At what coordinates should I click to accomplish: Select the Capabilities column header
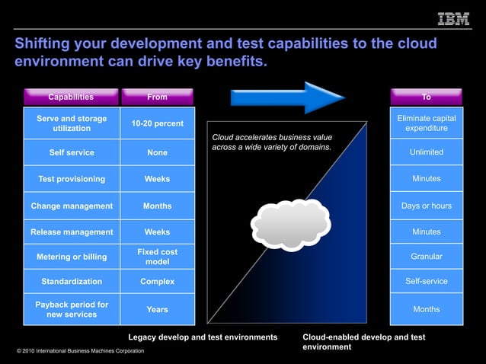[x=71, y=97]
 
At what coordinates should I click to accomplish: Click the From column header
[x=157, y=97]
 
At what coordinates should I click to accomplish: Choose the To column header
[x=426, y=97]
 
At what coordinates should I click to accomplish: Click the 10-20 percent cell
[x=157, y=123]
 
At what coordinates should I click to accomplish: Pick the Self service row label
[x=72, y=152]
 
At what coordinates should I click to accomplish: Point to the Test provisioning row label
[x=72, y=179]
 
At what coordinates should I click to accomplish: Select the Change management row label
[x=72, y=206]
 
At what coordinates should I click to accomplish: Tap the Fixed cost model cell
[x=157, y=257]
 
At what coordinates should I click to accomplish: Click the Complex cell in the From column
[x=157, y=281]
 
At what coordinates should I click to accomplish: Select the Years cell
[x=157, y=310]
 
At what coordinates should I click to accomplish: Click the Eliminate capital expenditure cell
[x=426, y=123]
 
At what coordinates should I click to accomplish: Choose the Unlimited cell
[x=426, y=152]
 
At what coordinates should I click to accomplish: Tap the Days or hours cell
[x=426, y=206]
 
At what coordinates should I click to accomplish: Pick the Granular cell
[x=426, y=257]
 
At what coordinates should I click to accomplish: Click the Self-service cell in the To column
[x=426, y=281]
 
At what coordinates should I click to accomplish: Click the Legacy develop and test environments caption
[x=202, y=337]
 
